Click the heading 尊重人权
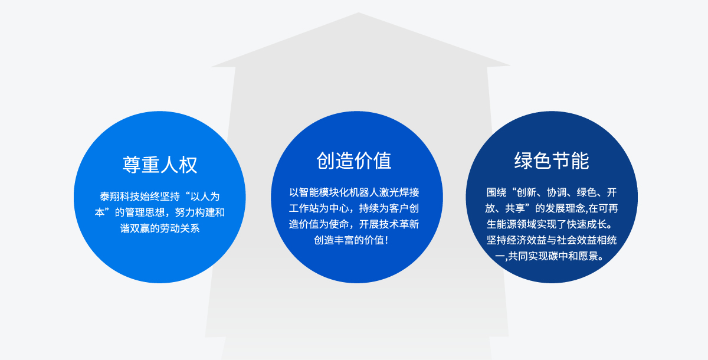160,165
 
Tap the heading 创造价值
354,161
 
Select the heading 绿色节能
552,161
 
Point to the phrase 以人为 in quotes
205,197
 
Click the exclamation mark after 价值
387,240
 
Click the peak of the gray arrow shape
359,12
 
